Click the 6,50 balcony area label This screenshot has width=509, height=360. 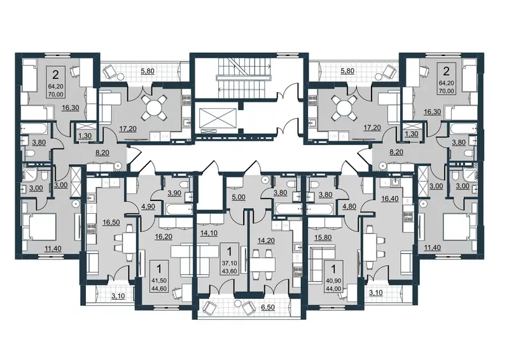coord(267,307)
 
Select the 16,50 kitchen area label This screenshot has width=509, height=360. coord(111,223)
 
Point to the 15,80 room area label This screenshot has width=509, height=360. coord(323,237)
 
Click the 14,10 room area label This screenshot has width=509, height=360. coord(209,233)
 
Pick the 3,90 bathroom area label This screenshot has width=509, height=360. coord(174,193)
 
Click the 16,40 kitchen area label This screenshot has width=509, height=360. coord(389,198)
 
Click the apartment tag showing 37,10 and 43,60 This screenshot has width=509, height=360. coord(230,259)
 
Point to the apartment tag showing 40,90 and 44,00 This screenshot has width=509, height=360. coord(334,274)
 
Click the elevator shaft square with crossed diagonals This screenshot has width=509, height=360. coord(217,116)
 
